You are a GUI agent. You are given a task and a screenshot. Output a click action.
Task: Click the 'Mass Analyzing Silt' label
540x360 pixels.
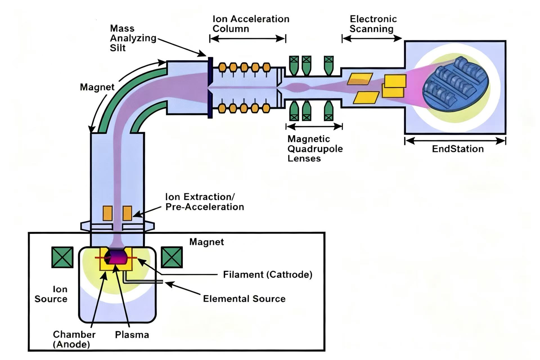[133, 38]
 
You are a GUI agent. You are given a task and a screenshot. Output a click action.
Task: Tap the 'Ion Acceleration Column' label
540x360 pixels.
[251, 24]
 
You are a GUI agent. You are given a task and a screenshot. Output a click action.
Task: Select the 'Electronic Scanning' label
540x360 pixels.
[373, 24]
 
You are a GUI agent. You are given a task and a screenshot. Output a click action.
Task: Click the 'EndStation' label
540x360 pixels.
[458, 149]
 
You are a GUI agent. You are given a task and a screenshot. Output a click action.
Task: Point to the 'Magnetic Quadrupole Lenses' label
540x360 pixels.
[315, 148]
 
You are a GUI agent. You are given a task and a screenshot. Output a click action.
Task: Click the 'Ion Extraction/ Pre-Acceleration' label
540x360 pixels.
[204, 202]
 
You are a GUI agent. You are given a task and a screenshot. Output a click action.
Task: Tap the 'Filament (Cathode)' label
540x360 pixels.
[267, 274]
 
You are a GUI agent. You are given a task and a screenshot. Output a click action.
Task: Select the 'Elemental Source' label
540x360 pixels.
[244, 299]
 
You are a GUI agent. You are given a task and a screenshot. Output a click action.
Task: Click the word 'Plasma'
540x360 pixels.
[132, 335]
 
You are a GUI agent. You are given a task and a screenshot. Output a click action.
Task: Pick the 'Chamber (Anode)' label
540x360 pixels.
[74, 339]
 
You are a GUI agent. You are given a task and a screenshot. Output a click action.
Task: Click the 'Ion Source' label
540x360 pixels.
[51, 294]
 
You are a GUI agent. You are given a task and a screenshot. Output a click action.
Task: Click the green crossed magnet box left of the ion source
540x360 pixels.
[62, 257]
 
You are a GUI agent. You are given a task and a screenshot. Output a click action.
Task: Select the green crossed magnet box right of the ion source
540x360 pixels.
[172, 257]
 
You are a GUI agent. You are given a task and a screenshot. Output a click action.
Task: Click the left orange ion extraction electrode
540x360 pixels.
[107, 213]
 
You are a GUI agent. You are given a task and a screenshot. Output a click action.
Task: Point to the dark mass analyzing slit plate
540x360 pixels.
[210, 88]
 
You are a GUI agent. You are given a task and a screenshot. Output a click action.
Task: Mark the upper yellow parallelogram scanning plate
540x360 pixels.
[360, 79]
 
